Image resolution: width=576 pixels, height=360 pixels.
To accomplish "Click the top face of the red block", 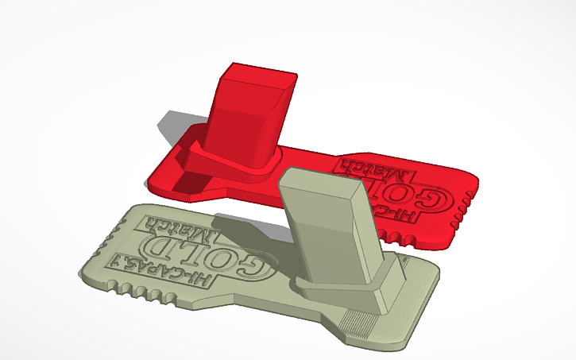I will [x=257, y=74].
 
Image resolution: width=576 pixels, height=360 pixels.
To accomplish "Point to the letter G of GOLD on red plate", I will [x=432, y=197].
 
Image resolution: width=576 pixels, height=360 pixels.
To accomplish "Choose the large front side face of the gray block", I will [x=326, y=238].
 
